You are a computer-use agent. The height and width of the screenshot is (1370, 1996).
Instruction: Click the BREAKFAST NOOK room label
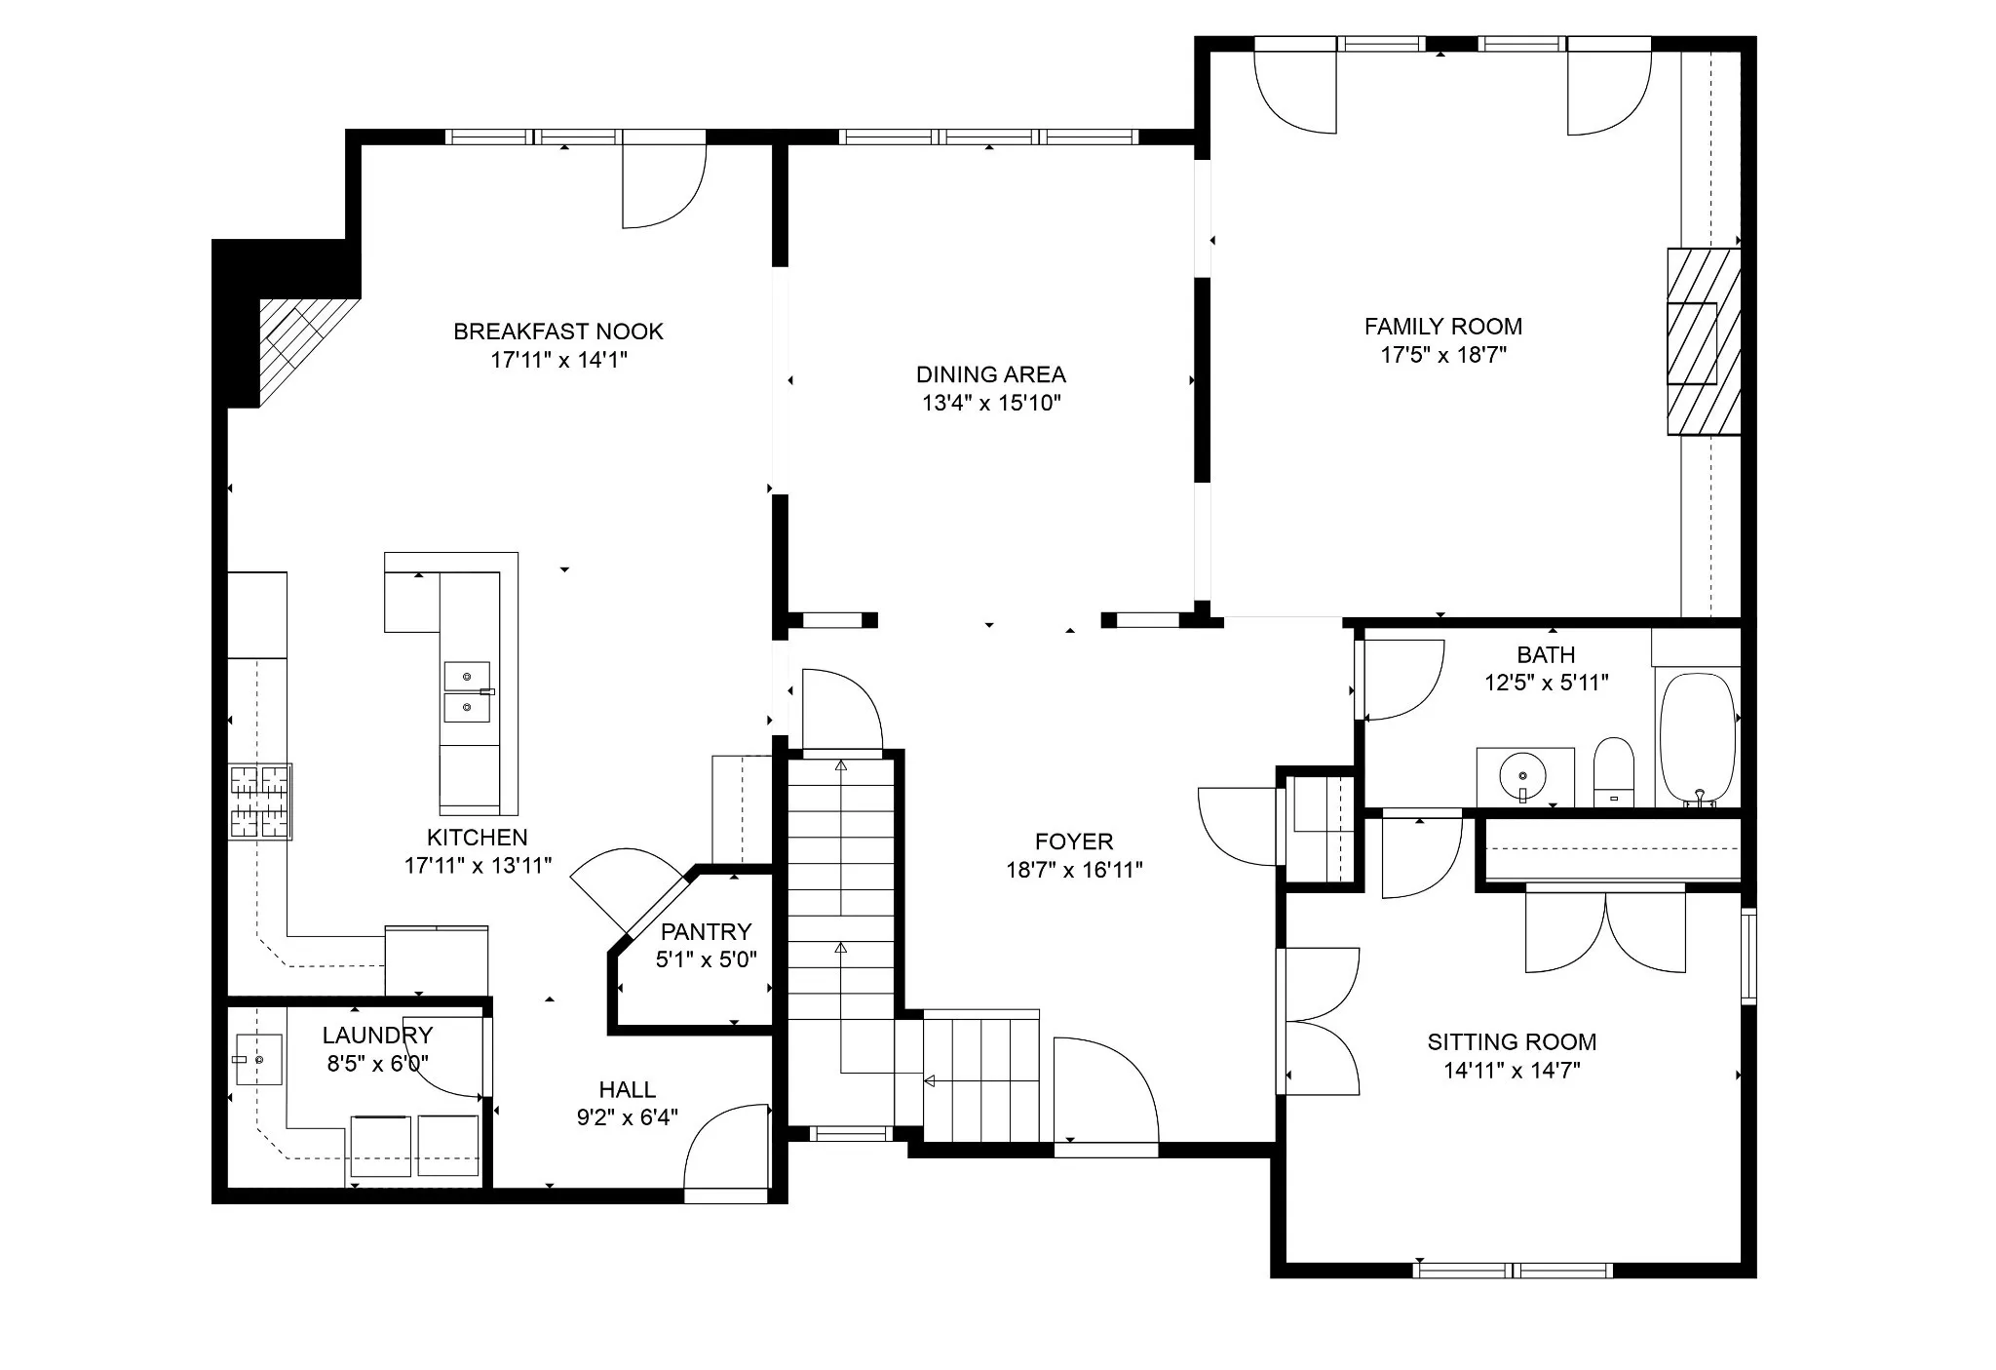tap(558, 332)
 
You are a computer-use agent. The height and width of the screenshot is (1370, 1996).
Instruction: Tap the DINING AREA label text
tap(991, 374)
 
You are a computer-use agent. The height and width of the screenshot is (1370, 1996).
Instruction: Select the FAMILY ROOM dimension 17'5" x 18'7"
tap(1443, 355)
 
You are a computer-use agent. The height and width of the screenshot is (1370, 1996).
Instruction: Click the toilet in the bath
tap(1614, 772)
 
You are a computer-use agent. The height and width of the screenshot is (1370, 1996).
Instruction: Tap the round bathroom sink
tap(1522, 777)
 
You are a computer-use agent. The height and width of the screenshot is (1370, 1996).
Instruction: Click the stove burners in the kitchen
tap(260, 802)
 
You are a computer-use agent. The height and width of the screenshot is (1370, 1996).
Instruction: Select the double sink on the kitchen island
tap(468, 691)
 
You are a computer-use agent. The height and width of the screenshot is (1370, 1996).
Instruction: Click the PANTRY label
tap(706, 931)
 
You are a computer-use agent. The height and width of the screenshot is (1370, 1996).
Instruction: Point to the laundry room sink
tap(258, 1059)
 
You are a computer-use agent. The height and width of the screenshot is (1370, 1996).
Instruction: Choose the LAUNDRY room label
tap(377, 1036)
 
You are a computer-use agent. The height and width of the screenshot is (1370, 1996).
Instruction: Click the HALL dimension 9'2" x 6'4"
tap(628, 1117)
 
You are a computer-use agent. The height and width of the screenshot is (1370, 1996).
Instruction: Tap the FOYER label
tap(1074, 842)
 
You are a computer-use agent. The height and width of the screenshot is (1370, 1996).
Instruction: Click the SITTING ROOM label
tap(1512, 1042)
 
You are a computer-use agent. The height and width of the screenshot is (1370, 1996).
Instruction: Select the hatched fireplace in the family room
tap(1704, 341)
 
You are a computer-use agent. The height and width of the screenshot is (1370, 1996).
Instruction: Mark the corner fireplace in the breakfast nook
tap(302, 341)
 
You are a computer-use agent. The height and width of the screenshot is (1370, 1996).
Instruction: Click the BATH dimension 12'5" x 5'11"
tap(1546, 683)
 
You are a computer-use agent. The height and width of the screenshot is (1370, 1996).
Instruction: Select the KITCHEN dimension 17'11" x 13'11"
tap(478, 865)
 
